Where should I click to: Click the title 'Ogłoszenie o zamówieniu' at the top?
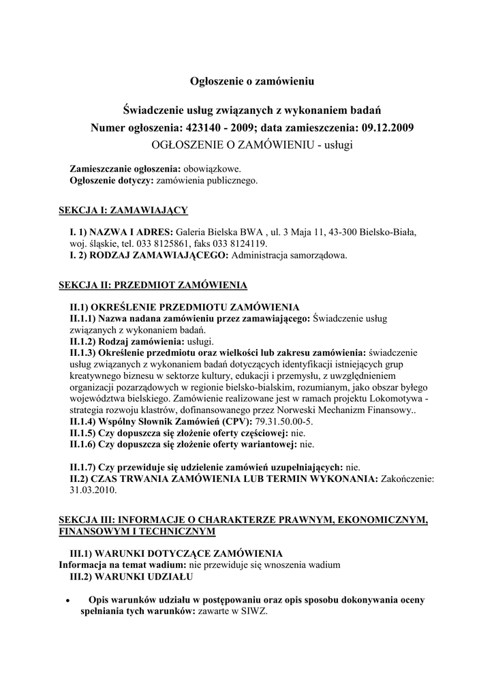[x=251, y=82]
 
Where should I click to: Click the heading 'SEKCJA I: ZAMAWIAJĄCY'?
[x=123, y=210]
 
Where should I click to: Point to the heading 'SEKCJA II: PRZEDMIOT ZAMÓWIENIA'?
[x=153, y=284]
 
